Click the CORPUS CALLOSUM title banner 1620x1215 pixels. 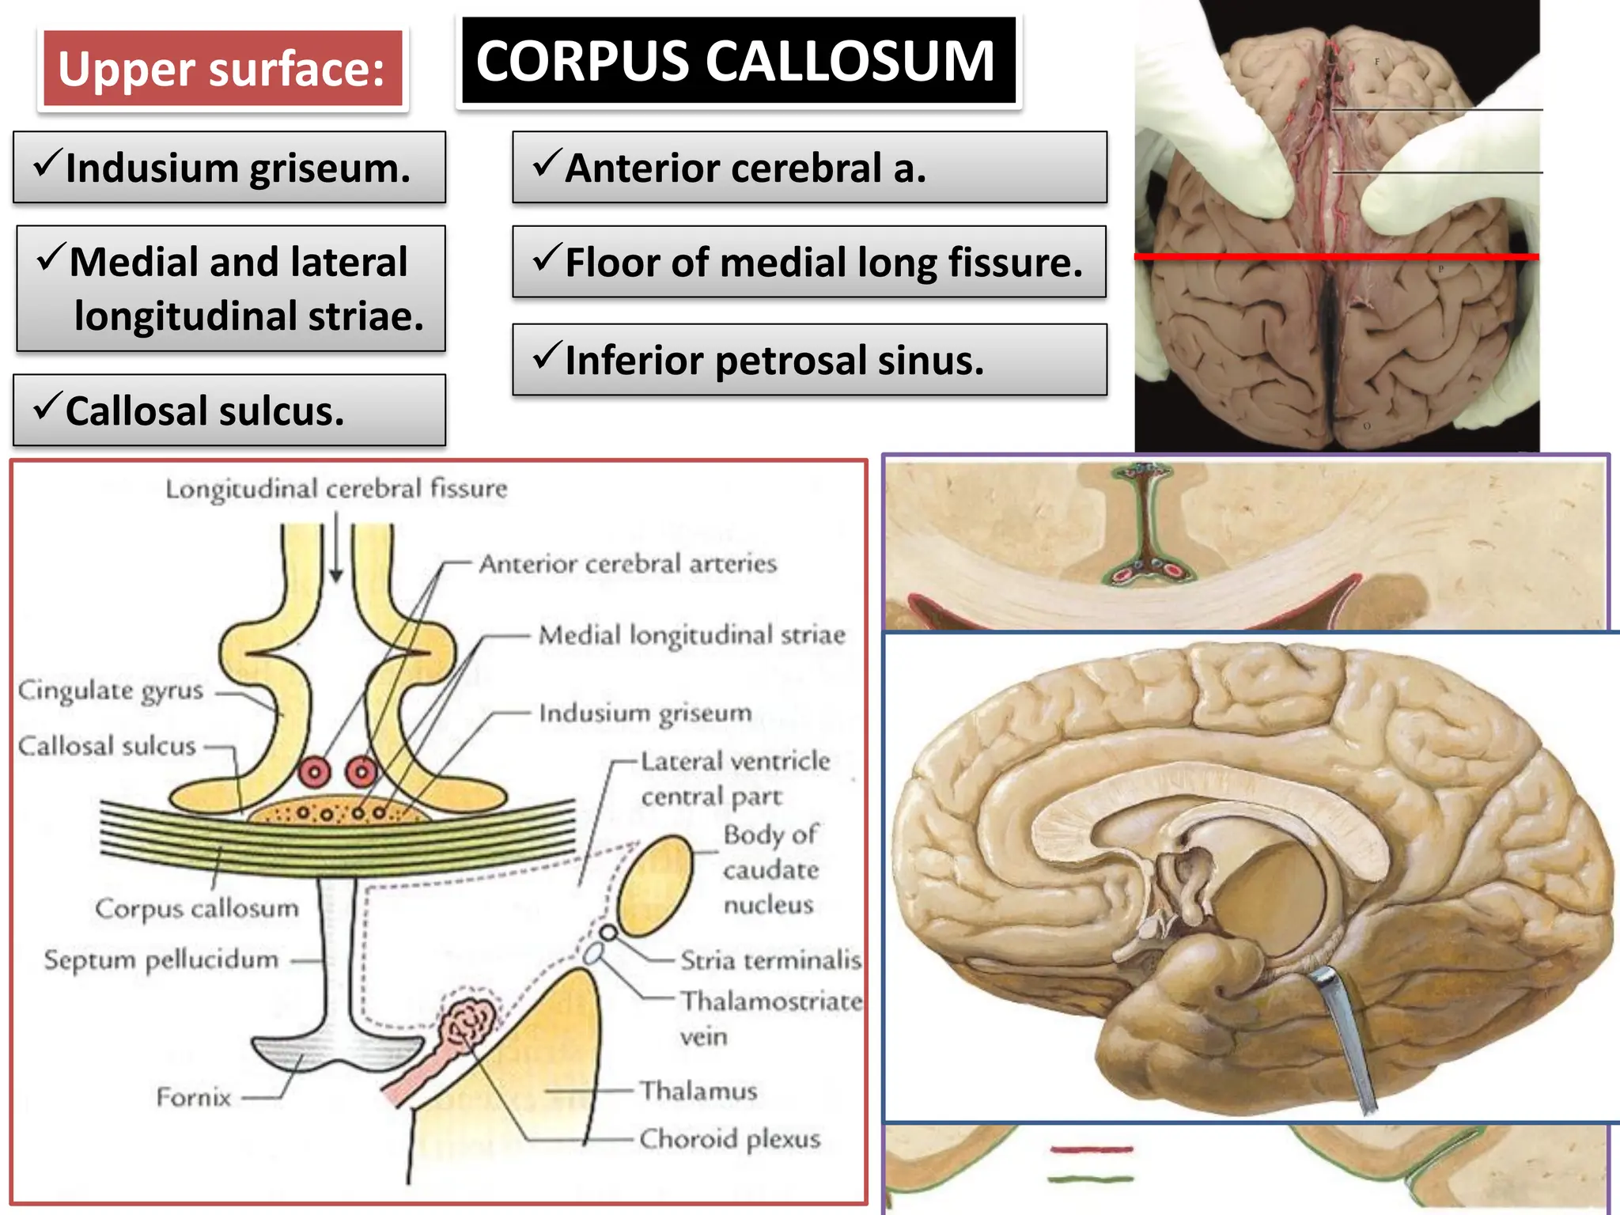(x=738, y=61)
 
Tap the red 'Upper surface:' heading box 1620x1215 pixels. (x=222, y=69)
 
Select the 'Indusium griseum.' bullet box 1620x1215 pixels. (x=229, y=168)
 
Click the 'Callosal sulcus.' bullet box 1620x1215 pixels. (x=229, y=411)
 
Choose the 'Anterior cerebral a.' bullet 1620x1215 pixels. (x=809, y=168)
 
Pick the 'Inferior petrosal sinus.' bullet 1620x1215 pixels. (x=809, y=360)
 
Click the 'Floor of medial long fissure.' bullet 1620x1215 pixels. (x=809, y=262)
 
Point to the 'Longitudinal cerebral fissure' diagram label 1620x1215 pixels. (x=336, y=489)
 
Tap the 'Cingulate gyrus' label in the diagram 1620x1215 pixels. (x=111, y=691)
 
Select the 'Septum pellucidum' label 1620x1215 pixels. (x=161, y=960)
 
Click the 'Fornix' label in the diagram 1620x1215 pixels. (x=194, y=1097)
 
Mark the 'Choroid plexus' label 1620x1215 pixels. (x=729, y=1139)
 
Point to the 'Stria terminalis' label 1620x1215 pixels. (x=770, y=960)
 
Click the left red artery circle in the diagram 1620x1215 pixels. (x=314, y=771)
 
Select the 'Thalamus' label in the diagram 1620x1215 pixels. (x=698, y=1091)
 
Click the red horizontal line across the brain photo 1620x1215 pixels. (x=1337, y=256)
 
